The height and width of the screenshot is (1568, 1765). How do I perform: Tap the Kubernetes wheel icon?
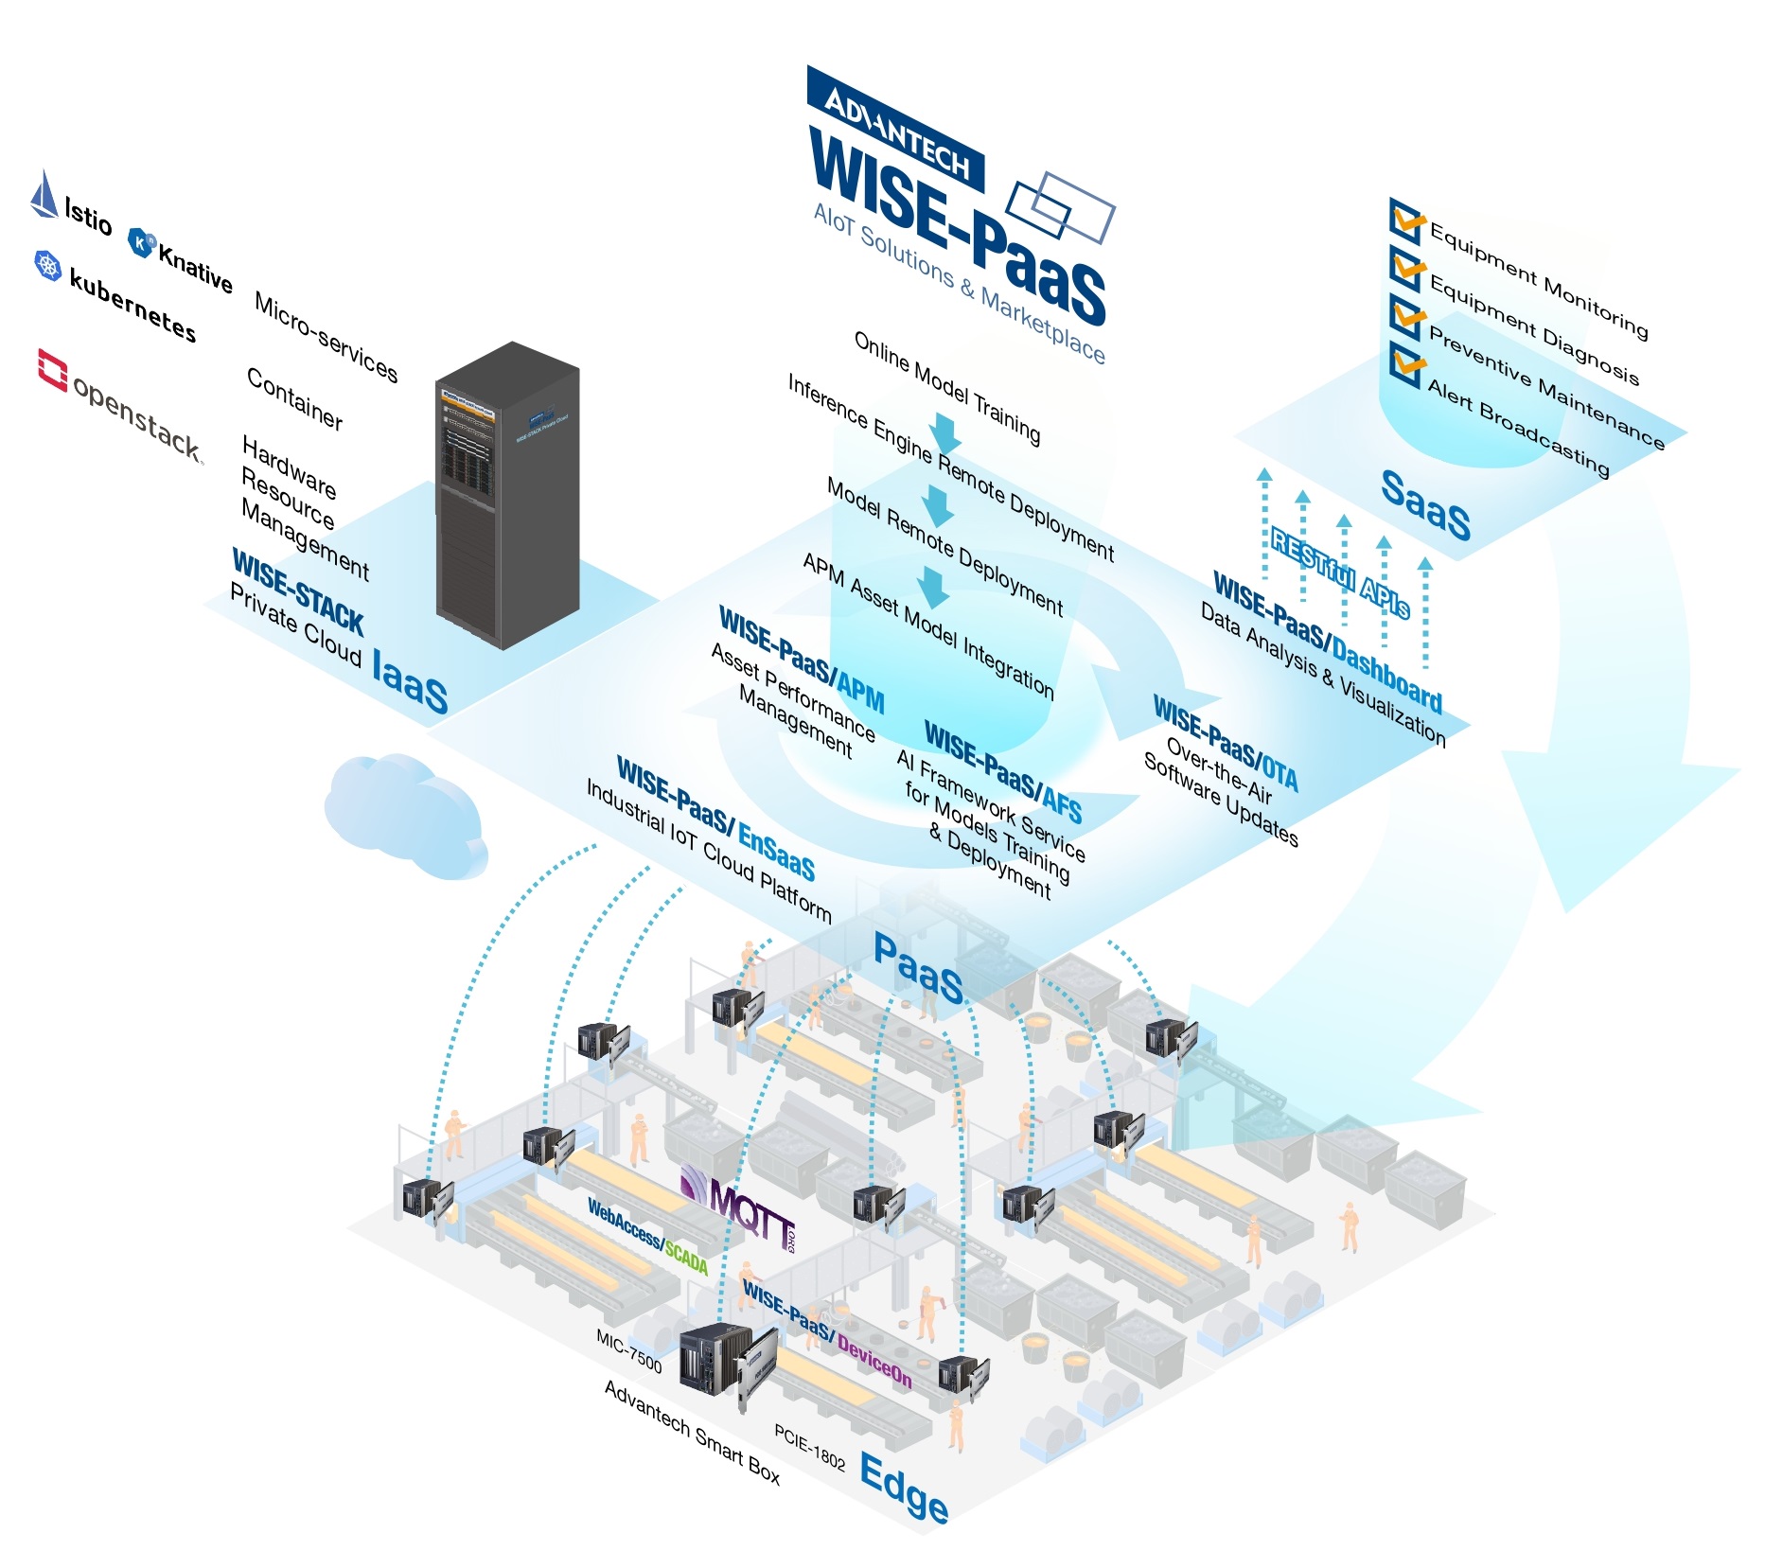click(47, 265)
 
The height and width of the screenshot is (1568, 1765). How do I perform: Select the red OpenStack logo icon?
click(52, 369)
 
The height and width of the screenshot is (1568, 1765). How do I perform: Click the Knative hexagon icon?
click(141, 242)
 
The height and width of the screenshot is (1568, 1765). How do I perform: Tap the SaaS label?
click(1425, 504)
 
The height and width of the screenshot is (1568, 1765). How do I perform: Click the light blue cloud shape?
click(402, 814)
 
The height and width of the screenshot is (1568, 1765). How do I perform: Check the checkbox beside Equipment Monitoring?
click(1406, 219)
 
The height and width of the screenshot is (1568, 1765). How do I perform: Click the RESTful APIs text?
click(1339, 573)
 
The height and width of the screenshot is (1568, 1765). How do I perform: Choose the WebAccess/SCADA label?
click(647, 1236)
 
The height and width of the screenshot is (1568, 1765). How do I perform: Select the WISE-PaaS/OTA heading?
click(1226, 743)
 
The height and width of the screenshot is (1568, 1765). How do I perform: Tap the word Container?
click(294, 398)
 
